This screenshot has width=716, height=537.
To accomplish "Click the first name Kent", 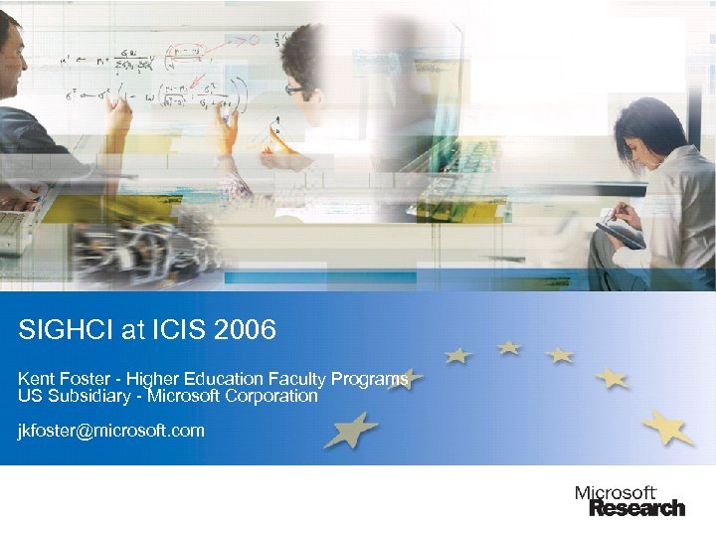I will [x=35, y=379].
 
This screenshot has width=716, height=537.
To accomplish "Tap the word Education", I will [x=221, y=379].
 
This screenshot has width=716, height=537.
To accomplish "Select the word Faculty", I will [x=295, y=379].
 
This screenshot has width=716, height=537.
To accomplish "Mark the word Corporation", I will [x=273, y=396].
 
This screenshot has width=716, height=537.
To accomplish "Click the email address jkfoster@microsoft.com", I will [x=111, y=431].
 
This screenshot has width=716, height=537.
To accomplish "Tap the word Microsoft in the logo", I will [x=616, y=493].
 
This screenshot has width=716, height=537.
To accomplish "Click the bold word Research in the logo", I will [x=637, y=508].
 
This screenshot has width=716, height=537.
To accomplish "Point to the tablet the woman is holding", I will [x=619, y=235].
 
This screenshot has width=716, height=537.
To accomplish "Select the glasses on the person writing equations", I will [x=296, y=89].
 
